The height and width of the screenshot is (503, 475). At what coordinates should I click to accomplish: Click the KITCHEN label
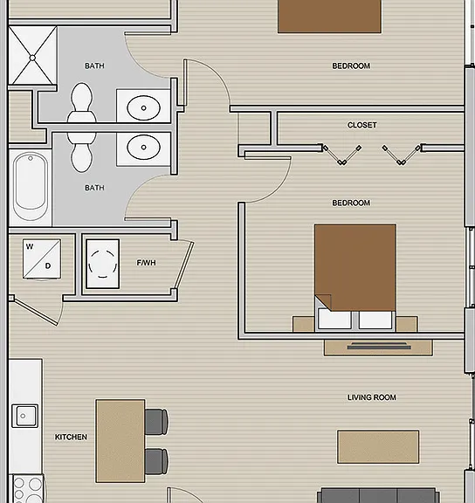pyautogui.click(x=71, y=437)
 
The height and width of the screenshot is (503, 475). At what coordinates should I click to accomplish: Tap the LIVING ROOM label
pyautogui.click(x=372, y=397)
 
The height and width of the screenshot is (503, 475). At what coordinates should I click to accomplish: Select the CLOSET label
pyautogui.click(x=361, y=125)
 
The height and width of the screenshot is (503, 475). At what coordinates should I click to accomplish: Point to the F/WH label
pyautogui.click(x=146, y=263)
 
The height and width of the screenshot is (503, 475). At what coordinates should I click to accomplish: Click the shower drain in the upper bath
pyautogui.click(x=32, y=58)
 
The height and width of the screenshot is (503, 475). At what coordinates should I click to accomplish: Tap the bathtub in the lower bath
pyautogui.click(x=31, y=186)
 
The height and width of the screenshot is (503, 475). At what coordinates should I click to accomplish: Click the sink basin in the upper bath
pyautogui.click(x=143, y=107)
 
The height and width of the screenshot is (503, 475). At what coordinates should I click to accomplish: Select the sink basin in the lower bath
pyautogui.click(x=143, y=148)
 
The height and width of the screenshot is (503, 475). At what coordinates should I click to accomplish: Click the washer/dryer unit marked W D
pyautogui.click(x=42, y=258)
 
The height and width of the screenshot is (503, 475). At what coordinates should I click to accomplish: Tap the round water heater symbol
pyautogui.click(x=103, y=264)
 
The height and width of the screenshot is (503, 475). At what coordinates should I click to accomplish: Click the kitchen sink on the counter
pyautogui.click(x=24, y=416)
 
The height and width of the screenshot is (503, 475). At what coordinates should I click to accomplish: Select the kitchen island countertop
pyautogui.click(x=120, y=441)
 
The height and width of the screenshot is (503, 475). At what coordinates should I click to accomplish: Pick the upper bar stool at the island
pyautogui.click(x=156, y=422)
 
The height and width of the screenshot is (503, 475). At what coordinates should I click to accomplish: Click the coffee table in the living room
pyautogui.click(x=378, y=447)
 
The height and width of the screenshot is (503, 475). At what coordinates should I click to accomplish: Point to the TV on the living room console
pyautogui.click(x=379, y=346)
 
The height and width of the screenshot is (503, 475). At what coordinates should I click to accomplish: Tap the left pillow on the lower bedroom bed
pyautogui.click(x=334, y=319)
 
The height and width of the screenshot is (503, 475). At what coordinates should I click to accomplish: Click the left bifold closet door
pyautogui.click(x=342, y=155)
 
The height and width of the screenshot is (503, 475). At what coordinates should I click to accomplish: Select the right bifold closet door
pyautogui.click(x=402, y=155)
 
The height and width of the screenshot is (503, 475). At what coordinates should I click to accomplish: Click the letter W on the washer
pyautogui.click(x=30, y=246)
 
